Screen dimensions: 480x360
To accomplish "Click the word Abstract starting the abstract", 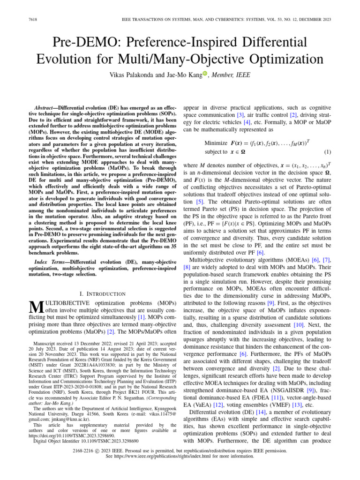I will [x=48, y=107].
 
